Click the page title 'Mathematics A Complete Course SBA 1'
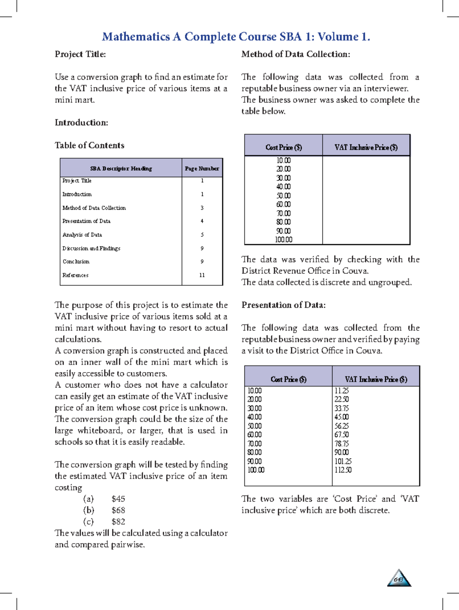(x=236, y=37)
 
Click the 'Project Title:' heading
(x=80, y=54)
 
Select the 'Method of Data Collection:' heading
(x=296, y=54)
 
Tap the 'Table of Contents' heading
(x=90, y=146)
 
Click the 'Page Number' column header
(x=202, y=168)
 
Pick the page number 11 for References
(x=202, y=275)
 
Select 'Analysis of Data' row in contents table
(x=82, y=235)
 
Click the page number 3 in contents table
(x=202, y=208)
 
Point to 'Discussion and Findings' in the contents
(x=91, y=248)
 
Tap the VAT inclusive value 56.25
(x=342, y=426)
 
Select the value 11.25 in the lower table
(x=342, y=391)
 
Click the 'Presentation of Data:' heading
(x=283, y=305)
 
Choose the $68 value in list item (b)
(x=118, y=510)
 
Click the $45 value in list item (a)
(x=118, y=499)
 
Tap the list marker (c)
(x=88, y=522)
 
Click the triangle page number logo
(x=399, y=579)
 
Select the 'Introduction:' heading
(x=81, y=123)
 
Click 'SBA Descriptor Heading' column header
(x=121, y=168)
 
